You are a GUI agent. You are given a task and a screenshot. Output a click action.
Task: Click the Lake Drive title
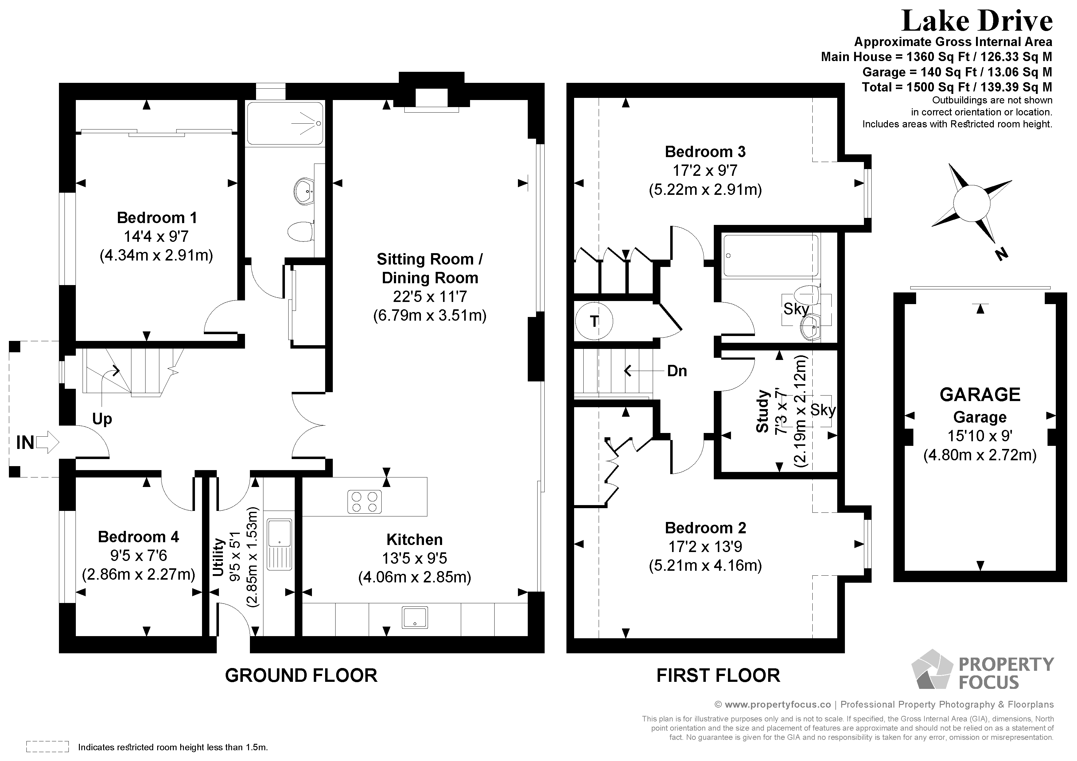coord(977,21)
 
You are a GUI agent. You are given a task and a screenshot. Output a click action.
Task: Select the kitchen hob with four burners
coord(364,501)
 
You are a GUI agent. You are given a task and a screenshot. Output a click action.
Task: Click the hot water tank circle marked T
coord(594,321)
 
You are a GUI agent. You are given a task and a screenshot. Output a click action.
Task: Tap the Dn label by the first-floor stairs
coord(677,371)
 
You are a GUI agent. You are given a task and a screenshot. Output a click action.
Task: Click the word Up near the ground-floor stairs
coord(102,418)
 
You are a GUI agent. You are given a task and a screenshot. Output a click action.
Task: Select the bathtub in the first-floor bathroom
coord(771,256)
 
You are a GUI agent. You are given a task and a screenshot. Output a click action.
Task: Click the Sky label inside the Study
coord(823,410)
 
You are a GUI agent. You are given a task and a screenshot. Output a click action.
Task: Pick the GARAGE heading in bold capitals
coord(980,395)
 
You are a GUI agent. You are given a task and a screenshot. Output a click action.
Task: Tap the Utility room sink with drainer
coord(280,544)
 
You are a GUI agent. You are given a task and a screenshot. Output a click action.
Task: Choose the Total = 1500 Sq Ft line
coord(957,87)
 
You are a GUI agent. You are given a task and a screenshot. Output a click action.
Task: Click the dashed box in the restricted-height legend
coord(47,747)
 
